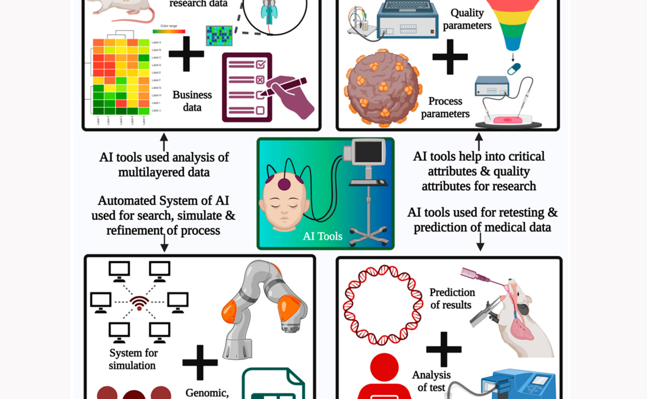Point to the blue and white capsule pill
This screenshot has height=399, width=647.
pyautogui.click(x=514, y=69)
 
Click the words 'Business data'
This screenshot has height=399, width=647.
pyautogui.click(x=192, y=101)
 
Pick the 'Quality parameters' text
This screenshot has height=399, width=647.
pyautogui.click(x=467, y=19)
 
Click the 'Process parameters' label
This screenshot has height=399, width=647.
pyautogui.click(x=445, y=108)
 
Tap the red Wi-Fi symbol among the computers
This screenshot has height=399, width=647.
pyautogui.click(x=139, y=302)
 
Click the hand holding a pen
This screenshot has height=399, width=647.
pyautogui.click(x=291, y=97)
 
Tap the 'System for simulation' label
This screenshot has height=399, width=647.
pyautogui.click(x=132, y=359)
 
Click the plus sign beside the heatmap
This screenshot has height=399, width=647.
pyautogui.click(x=187, y=54)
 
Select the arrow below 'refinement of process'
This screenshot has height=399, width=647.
pyautogui.click(x=164, y=244)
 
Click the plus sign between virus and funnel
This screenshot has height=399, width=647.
pyautogui.click(x=450, y=56)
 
